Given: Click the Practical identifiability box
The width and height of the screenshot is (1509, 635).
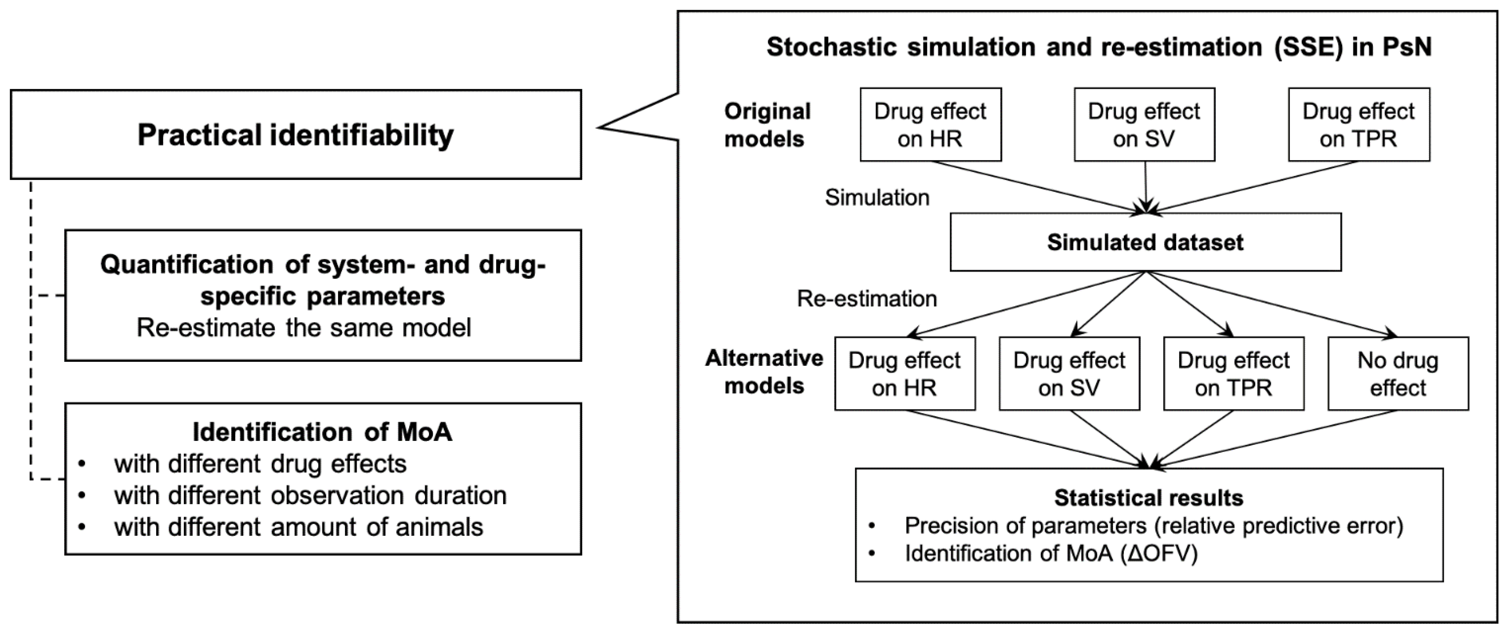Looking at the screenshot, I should tap(295, 135).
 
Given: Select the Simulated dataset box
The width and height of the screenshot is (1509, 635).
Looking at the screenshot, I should tap(1145, 242).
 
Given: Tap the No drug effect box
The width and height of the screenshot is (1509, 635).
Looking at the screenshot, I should tap(1398, 374).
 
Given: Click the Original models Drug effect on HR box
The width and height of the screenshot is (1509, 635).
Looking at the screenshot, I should tap(930, 125).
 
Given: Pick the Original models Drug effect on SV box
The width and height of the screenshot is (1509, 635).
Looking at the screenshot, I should tap(1144, 125).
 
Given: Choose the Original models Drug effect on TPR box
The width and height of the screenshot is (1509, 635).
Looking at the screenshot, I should tap(1359, 125).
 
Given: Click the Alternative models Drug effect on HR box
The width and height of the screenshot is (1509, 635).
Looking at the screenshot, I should tap(905, 374).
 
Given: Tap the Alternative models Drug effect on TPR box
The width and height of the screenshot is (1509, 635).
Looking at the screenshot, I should tap(1234, 374).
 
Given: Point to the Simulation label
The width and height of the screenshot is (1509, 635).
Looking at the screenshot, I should tap(877, 198).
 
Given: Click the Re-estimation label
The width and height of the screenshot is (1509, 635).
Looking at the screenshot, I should tap(866, 299).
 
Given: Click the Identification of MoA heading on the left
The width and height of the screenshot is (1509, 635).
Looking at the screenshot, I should tap(322, 432).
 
